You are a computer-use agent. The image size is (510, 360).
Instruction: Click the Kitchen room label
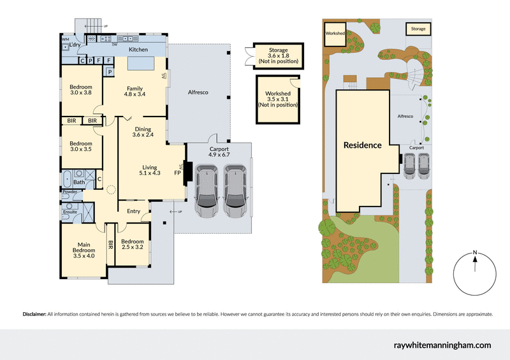click(x=138, y=49)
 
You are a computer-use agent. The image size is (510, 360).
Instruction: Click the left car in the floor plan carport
click(x=209, y=188)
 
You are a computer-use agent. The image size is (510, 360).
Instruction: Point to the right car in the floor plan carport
click(x=235, y=188)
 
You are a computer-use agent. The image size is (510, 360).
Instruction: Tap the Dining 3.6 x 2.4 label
click(x=143, y=132)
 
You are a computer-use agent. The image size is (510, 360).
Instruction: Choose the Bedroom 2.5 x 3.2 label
click(x=133, y=245)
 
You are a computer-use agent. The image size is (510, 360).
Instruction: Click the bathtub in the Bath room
click(x=68, y=178)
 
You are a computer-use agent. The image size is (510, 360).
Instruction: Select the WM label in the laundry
click(x=65, y=39)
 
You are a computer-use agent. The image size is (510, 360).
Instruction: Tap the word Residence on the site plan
click(x=362, y=145)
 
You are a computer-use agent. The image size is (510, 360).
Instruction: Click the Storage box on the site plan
click(x=418, y=29)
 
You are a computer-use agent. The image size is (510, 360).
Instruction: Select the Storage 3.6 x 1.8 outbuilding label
click(x=278, y=56)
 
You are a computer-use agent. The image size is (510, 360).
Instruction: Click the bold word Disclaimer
click(x=34, y=314)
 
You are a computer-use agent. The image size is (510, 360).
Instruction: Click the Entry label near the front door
click(x=133, y=211)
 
